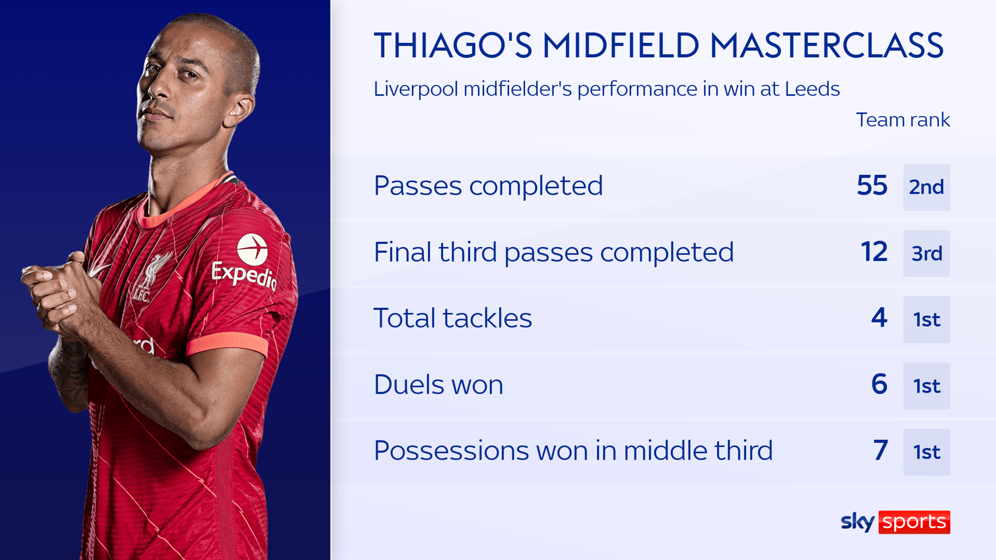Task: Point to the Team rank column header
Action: click(x=903, y=120)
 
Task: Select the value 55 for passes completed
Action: click(x=871, y=186)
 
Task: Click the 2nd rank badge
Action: click(x=926, y=187)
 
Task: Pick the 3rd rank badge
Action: click(x=926, y=253)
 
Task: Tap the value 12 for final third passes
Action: click(x=874, y=252)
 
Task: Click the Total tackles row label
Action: click(x=452, y=318)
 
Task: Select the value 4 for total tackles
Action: click(x=879, y=318)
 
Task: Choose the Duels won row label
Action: click(x=438, y=385)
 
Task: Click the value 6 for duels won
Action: click(x=879, y=384)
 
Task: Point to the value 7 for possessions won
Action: click(x=880, y=450)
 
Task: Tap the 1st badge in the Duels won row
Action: click(x=926, y=386)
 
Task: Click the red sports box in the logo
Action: click(x=914, y=522)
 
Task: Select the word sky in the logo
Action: click(x=857, y=522)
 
